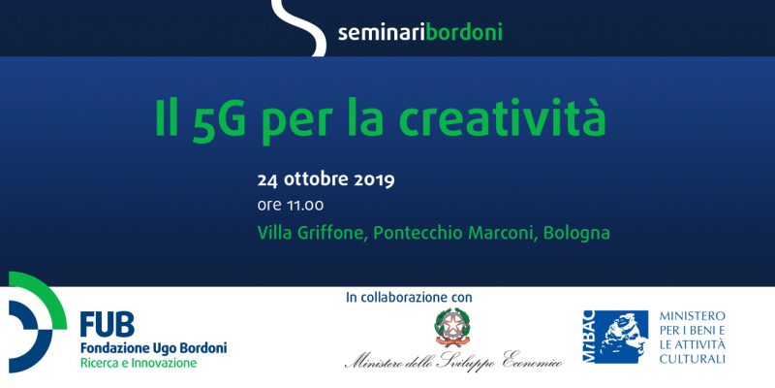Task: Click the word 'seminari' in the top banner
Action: click(x=382, y=33)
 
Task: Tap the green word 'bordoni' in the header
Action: click(x=464, y=32)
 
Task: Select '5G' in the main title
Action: click(x=219, y=118)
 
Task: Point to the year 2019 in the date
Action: click(x=374, y=180)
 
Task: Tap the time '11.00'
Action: click(x=305, y=205)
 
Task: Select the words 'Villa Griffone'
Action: click(x=312, y=233)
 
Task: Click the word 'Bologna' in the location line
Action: click(x=576, y=233)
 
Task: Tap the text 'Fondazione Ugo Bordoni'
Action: click(x=154, y=348)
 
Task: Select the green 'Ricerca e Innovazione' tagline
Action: click(x=139, y=363)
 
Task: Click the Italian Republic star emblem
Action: click(x=451, y=327)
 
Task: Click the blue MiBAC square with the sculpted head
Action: click(x=616, y=337)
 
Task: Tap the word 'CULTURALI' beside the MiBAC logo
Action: click(x=692, y=358)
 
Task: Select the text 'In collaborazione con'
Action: click(x=409, y=298)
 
